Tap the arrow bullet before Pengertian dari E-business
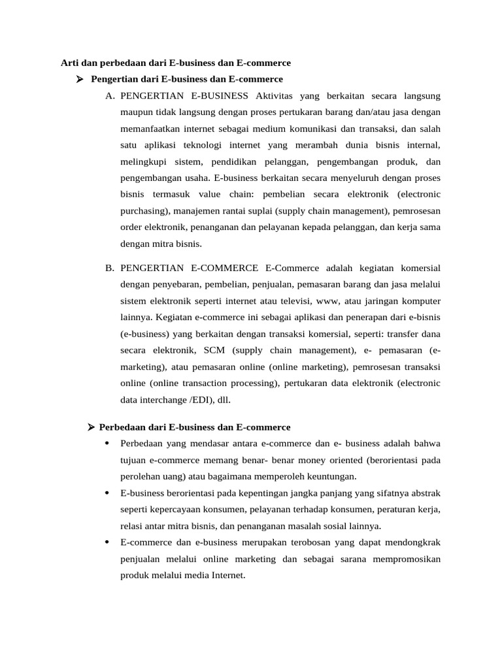click(80, 80)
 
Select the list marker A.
click(110, 97)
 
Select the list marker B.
click(110, 268)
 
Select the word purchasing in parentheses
click(142, 212)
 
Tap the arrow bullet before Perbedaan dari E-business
click(92, 427)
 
